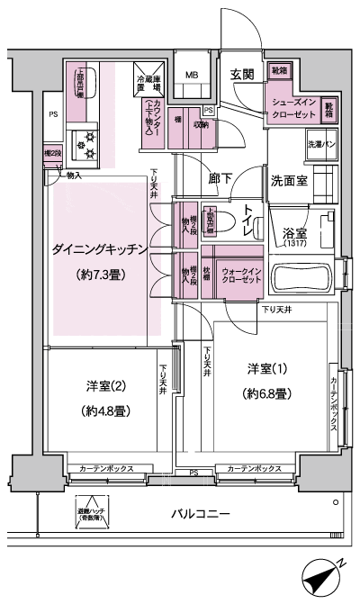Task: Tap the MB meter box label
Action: click(x=193, y=75)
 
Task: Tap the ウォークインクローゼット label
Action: click(x=241, y=275)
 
